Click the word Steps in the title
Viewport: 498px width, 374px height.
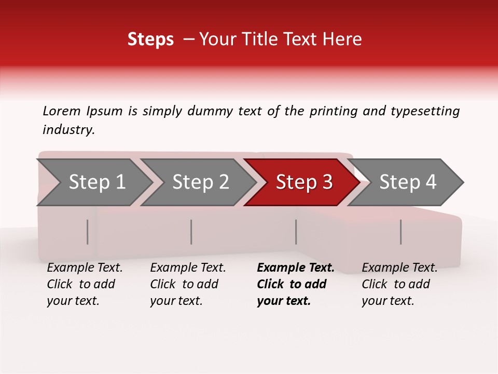coord(150,39)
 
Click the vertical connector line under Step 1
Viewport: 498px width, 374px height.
coord(88,232)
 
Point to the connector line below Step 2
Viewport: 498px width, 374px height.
coord(191,232)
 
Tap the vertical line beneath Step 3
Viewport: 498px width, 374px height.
coord(296,232)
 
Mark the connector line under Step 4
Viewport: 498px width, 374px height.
coord(400,232)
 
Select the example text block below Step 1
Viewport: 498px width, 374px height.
coord(85,284)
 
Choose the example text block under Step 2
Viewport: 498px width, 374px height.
coord(188,284)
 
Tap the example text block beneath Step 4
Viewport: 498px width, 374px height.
coord(399,284)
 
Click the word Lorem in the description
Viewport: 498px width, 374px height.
coord(62,111)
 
